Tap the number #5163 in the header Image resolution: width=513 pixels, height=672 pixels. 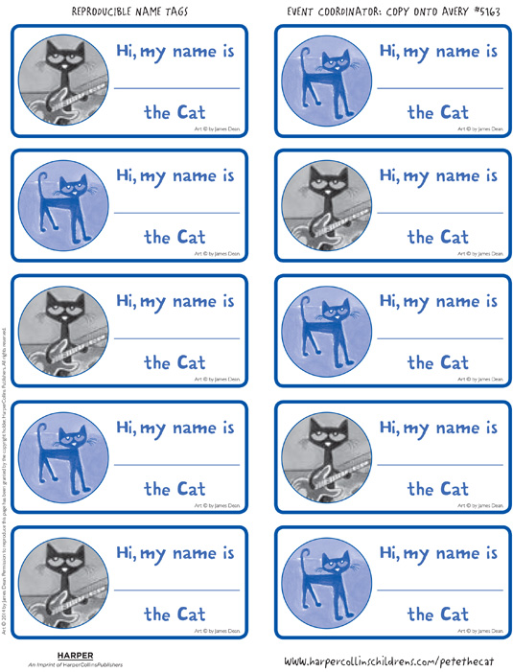pyautogui.click(x=479, y=11)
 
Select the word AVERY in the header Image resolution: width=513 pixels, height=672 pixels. pyautogui.click(x=442, y=11)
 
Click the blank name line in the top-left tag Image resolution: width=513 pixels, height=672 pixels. pyautogui.click(x=177, y=87)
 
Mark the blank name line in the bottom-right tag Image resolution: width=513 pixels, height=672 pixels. pyautogui.click(x=439, y=591)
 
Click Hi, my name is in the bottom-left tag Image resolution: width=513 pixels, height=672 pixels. pyautogui.click(x=175, y=553)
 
